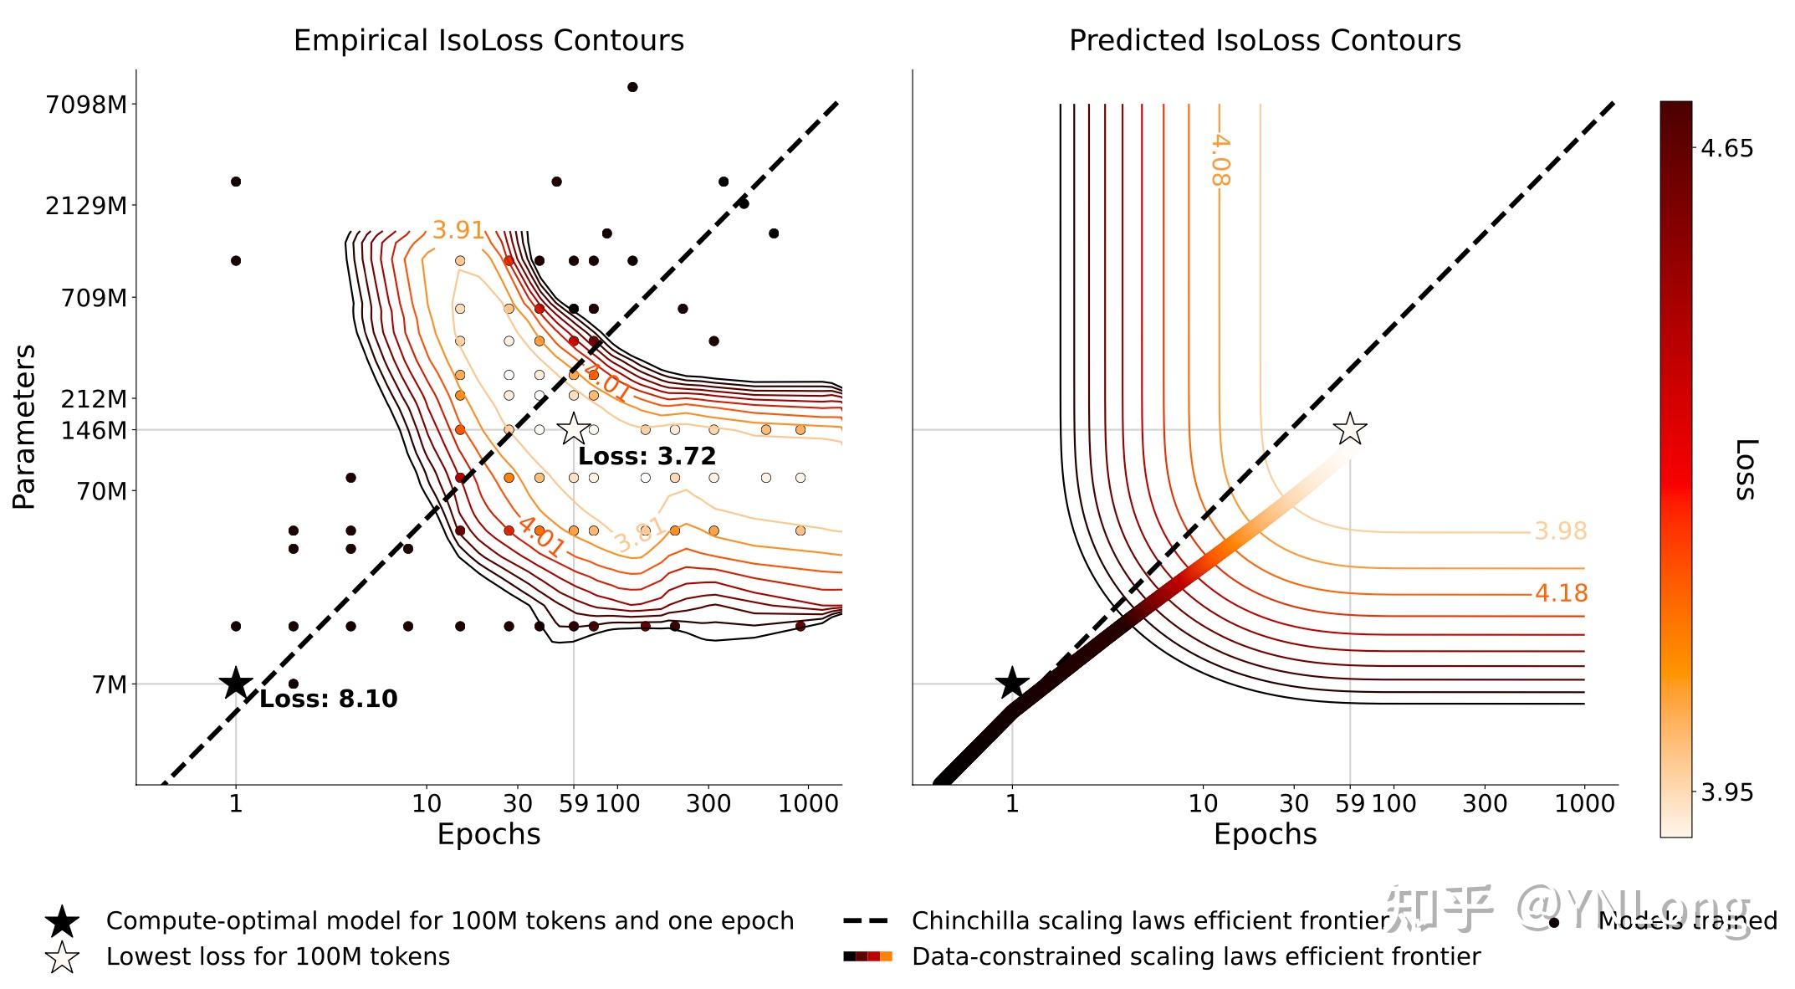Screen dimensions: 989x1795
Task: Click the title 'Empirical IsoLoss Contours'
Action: click(488, 40)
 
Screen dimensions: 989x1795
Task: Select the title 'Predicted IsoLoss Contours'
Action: click(1265, 40)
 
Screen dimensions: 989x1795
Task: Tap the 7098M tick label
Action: click(87, 105)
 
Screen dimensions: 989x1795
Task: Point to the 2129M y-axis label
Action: click(87, 205)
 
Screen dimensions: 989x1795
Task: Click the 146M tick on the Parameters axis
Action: click(94, 430)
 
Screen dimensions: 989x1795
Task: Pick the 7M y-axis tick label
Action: click(110, 684)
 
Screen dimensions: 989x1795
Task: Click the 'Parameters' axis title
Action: click(24, 427)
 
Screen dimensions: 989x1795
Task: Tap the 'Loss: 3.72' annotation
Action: click(647, 456)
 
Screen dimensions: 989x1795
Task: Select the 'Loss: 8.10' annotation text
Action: click(328, 699)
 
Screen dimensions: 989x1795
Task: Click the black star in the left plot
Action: click(236, 684)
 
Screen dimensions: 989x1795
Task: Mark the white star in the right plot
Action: click(1350, 429)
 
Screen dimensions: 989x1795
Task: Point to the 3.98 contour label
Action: click(1560, 531)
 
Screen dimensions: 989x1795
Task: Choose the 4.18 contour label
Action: click(1561, 593)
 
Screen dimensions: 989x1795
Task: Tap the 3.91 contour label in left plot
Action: click(458, 230)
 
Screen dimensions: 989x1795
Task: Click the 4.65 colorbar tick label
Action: click(1727, 148)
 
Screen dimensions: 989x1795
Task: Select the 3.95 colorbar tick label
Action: click(1727, 792)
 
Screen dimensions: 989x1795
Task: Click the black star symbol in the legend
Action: click(63, 921)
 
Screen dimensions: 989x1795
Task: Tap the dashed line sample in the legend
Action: click(866, 921)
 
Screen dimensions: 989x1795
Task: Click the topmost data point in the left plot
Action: click(632, 87)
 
